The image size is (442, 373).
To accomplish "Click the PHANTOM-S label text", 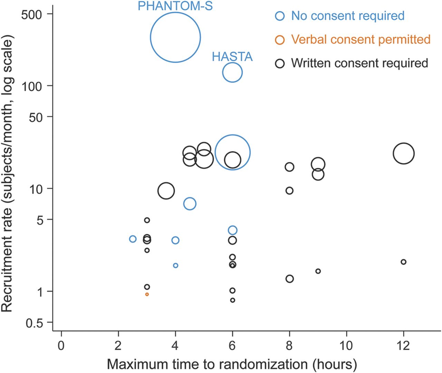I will click(x=175, y=6).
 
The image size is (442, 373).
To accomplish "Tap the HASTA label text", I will click(x=232, y=57).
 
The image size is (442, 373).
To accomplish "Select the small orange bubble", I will click(x=147, y=294).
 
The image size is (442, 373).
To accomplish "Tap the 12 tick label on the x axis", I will click(x=403, y=345).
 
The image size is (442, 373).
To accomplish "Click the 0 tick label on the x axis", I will click(x=61, y=345).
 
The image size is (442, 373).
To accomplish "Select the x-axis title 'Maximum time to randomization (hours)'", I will click(x=232, y=364).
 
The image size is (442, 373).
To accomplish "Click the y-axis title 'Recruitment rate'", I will click(x=8, y=173).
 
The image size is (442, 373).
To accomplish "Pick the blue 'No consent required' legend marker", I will click(x=280, y=16).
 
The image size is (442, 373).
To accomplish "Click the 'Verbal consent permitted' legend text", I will click(x=361, y=39).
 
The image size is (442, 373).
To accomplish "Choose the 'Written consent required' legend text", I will click(x=359, y=63).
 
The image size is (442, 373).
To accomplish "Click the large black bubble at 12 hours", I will click(x=403, y=153).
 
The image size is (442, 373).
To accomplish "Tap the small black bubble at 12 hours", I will click(x=403, y=262).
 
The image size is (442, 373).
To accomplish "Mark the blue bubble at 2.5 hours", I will click(x=133, y=239).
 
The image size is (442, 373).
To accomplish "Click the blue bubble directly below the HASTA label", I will click(x=232, y=73).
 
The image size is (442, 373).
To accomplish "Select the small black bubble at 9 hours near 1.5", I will click(x=318, y=271).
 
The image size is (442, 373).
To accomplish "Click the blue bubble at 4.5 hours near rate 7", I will click(x=190, y=204).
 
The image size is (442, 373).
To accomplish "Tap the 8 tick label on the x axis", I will click(x=289, y=345).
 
